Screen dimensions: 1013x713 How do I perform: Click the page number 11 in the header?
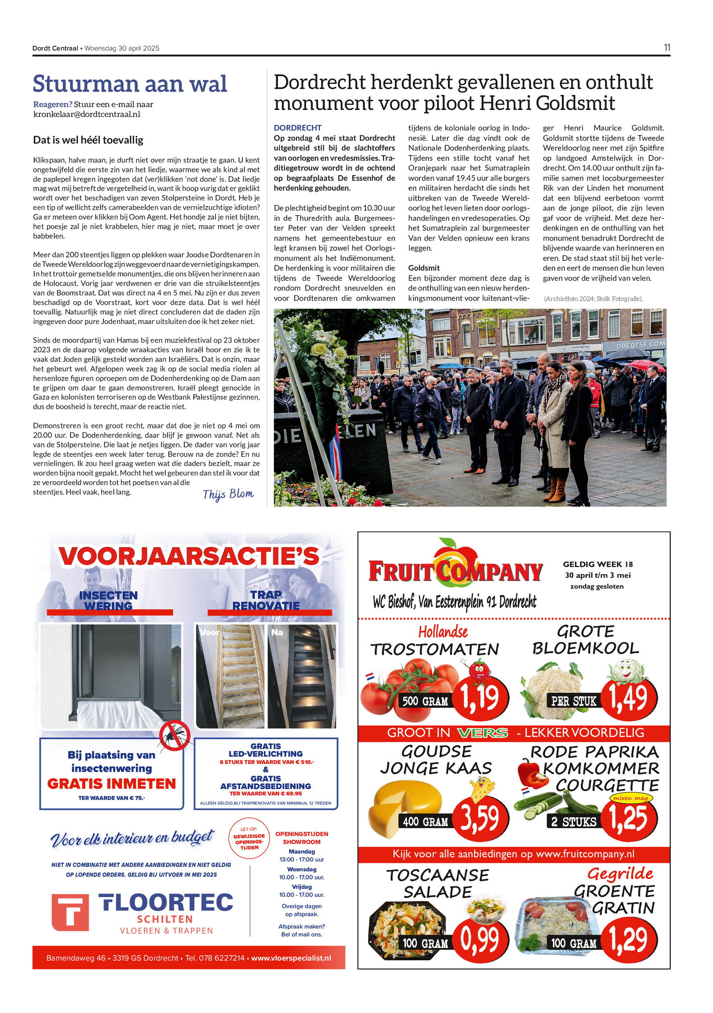click(667, 48)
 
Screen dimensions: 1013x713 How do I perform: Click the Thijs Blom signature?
click(228, 494)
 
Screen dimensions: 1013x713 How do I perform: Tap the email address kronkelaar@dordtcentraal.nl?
click(87, 114)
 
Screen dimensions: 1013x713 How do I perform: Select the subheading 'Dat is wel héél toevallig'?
click(88, 140)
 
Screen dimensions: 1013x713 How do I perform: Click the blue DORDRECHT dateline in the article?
click(297, 128)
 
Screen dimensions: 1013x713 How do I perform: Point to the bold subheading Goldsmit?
click(424, 268)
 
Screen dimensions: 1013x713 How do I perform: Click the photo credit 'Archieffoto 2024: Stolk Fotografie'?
click(593, 298)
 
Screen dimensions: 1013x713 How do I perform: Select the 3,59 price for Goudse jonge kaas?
click(479, 818)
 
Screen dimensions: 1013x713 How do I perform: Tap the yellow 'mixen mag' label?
click(631, 798)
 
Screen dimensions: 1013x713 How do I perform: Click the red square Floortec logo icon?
click(70, 912)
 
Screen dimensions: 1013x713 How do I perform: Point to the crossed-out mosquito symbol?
click(175, 735)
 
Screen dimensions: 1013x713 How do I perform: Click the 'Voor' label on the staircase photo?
click(209, 632)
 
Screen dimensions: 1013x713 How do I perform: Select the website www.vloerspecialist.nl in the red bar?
click(291, 958)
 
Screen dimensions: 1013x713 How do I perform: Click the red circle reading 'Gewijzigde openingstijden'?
click(249, 838)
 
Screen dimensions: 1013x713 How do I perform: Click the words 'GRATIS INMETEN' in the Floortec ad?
click(111, 784)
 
